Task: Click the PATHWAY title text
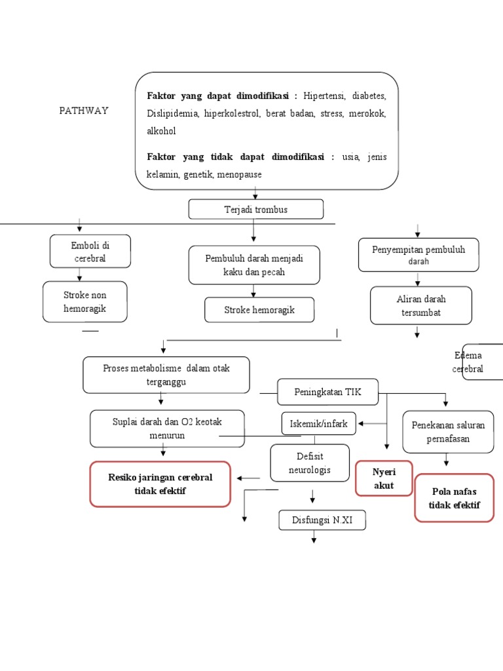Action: pyautogui.click(x=84, y=111)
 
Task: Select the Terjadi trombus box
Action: pyautogui.click(x=255, y=210)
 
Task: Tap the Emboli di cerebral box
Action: pyautogui.click(x=90, y=252)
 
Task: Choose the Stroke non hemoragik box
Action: pyautogui.click(x=84, y=301)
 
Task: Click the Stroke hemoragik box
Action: pyautogui.click(x=259, y=310)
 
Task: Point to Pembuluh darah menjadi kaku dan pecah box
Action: pyautogui.click(x=254, y=265)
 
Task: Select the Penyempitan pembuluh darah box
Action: pyautogui.click(x=418, y=255)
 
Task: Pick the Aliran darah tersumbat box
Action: pyautogui.click(x=420, y=305)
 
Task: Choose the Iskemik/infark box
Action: pyautogui.click(x=319, y=424)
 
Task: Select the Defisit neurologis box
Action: pyautogui.click(x=310, y=463)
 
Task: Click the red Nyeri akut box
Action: pyautogui.click(x=383, y=478)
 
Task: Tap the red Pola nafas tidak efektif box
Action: pyautogui.click(x=454, y=498)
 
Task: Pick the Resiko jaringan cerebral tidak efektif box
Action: pyautogui.click(x=160, y=484)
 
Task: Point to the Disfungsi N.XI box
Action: pyautogui.click(x=322, y=521)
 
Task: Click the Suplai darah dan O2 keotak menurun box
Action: pyautogui.click(x=167, y=429)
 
